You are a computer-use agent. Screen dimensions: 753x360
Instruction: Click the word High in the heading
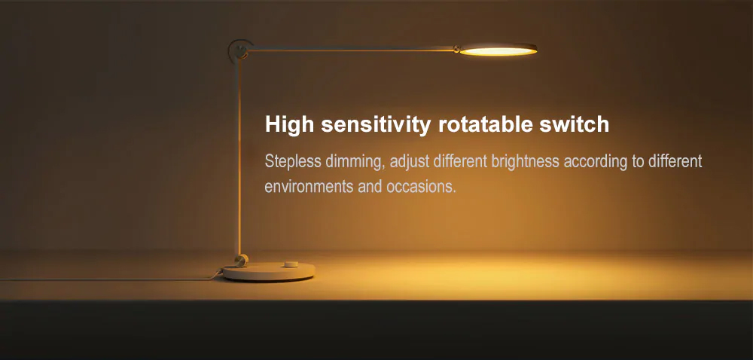point(289,125)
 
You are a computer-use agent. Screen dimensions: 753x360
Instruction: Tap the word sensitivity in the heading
point(376,124)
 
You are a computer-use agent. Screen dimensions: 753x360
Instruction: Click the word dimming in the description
point(355,162)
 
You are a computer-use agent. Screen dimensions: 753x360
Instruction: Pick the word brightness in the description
point(525,162)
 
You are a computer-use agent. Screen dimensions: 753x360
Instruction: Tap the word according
point(596,162)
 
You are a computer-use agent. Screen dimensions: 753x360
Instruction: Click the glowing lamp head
point(498,50)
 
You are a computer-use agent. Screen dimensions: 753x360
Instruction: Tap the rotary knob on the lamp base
point(290,264)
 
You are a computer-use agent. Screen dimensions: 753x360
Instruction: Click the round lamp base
point(269,271)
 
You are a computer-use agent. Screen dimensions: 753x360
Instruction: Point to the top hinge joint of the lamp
point(240,50)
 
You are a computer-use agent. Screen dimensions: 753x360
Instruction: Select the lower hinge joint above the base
point(241,260)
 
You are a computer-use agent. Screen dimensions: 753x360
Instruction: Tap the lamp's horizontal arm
point(352,48)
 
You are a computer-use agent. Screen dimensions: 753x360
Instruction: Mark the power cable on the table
point(111,279)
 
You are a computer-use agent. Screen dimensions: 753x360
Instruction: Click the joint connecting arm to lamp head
point(457,49)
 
